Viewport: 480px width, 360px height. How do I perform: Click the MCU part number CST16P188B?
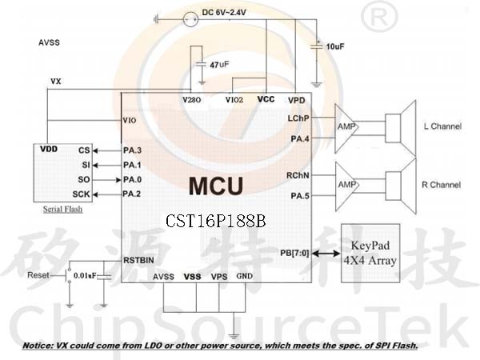(215, 221)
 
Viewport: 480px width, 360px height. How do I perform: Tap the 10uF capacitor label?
(335, 46)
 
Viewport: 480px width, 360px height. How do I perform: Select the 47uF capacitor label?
(219, 65)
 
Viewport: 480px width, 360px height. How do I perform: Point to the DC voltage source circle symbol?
(190, 19)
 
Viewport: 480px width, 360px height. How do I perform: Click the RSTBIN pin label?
(138, 261)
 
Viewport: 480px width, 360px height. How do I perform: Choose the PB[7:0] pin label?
(294, 254)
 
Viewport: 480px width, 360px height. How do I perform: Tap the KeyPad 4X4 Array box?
(370, 253)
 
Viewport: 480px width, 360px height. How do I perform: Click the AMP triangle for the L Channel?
(346, 129)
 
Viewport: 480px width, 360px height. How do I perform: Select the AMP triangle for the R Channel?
(347, 186)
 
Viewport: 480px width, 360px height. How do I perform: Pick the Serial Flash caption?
(62, 210)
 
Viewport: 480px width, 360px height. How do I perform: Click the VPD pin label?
(296, 101)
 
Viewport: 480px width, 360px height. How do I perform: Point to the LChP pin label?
(298, 118)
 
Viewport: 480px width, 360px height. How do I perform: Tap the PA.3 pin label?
(132, 150)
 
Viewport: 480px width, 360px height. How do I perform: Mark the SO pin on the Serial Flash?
(84, 180)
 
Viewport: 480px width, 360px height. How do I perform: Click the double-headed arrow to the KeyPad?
(326, 254)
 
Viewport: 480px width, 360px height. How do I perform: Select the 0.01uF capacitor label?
(85, 276)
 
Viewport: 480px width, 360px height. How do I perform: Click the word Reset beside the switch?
(38, 275)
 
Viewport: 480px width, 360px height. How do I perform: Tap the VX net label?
(56, 82)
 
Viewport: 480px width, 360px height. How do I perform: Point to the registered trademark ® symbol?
(379, 16)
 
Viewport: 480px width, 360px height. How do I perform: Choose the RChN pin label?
(298, 176)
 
